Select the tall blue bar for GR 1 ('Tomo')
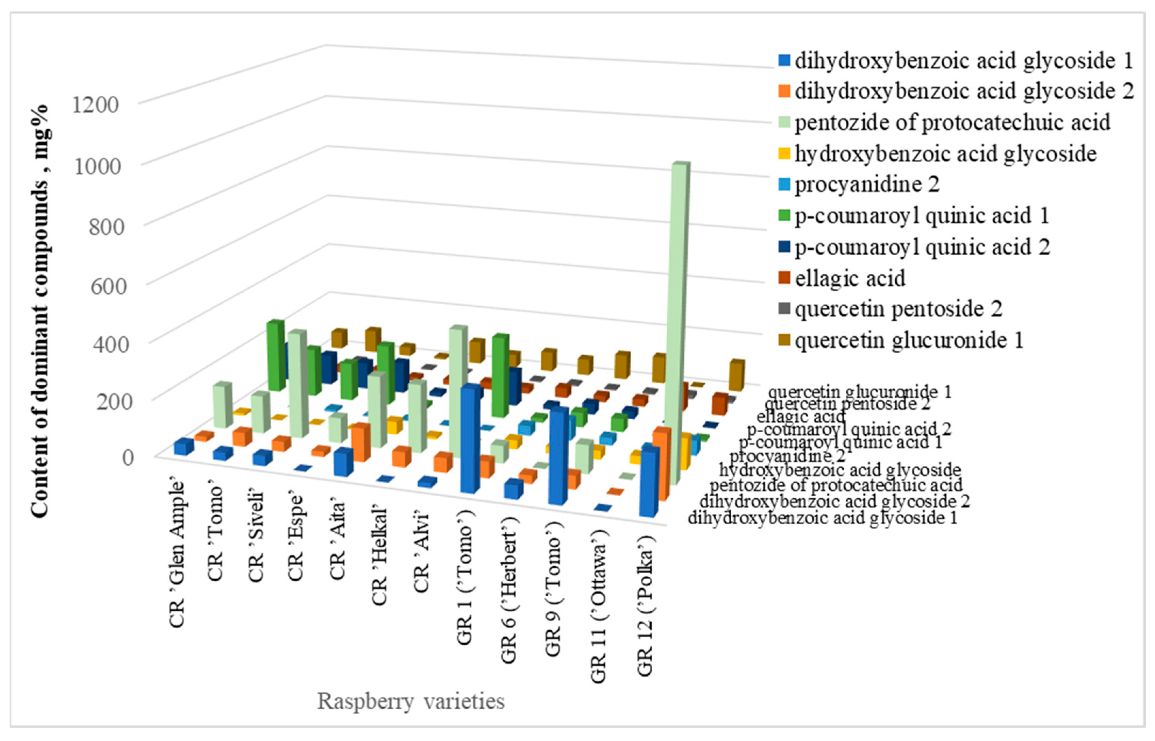click(470, 440)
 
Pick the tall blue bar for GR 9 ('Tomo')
click(558, 457)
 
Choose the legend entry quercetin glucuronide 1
click(908, 341)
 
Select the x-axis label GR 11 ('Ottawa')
click(598, 606)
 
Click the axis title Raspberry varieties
click(411, 701)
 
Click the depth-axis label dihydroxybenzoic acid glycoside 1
click(823, 518)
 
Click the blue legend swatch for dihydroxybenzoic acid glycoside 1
click(784, 61)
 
